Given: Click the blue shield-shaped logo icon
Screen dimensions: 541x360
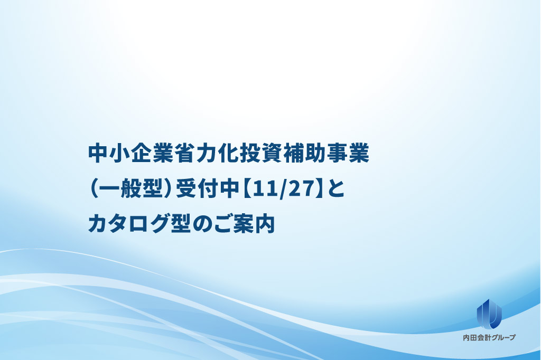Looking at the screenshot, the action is [x=489, y=314].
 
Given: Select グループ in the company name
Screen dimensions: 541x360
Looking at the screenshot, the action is [x=503, y=338].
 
